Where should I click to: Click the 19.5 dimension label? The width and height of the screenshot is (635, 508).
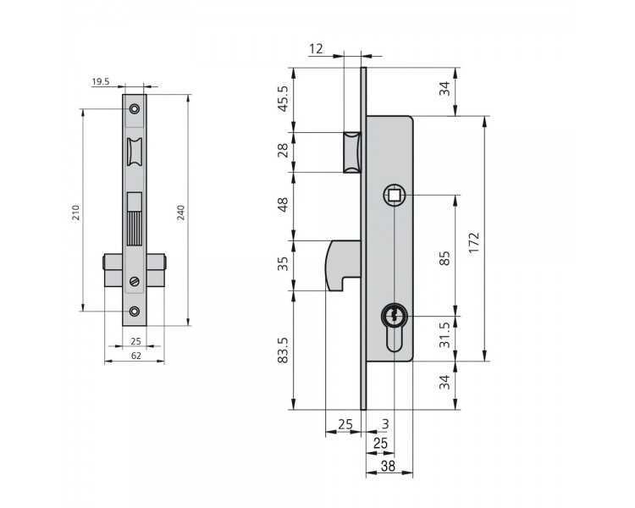click(101, 82)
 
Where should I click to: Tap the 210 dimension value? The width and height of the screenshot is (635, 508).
click(75, 213)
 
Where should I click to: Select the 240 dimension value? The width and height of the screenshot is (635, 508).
click(180, 213)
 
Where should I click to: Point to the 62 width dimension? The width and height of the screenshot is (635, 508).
click(136, 356)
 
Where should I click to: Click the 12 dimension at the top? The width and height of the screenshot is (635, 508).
click(316, 49)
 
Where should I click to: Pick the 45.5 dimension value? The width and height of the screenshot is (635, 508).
click(283, 98)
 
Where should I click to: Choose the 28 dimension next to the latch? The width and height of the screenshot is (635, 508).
click(283, 151)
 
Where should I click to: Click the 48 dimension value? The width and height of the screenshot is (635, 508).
click(283, 204)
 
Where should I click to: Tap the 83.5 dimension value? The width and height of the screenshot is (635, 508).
click(283, 350)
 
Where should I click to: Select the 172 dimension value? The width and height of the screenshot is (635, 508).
click(473, 242)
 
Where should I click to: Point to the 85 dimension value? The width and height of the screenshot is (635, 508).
click(444, 258)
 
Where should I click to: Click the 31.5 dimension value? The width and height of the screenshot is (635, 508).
click(444, 334)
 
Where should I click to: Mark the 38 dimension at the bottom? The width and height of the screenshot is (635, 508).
click(388, 466)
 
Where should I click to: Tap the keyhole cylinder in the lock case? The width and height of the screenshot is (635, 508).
click(393, 328)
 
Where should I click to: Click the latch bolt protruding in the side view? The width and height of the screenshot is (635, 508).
click(352, 152)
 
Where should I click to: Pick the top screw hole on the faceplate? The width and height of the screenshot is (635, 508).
click(135, 109)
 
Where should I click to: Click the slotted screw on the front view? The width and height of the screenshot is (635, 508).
click(135, 281)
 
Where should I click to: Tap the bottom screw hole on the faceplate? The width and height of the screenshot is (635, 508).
click(135, 311)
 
